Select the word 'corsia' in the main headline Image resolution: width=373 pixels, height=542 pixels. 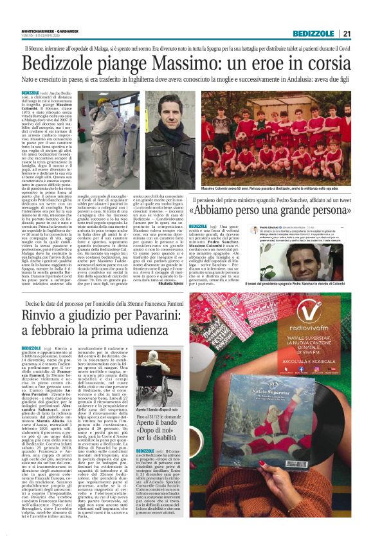tap(323, 64)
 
